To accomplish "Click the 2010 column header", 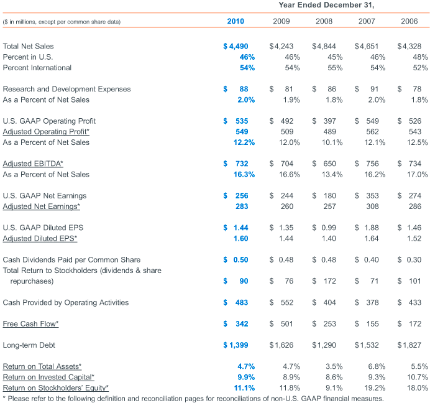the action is pos(236,21).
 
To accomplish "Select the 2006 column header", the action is pos(409,21).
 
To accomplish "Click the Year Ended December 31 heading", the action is pos(326,5).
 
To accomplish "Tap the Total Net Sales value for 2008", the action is pos(324,46).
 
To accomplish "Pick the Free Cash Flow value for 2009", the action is pos(281,323).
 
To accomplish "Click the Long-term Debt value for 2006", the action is pos(409,345).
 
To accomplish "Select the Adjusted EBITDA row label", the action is pos(33,164).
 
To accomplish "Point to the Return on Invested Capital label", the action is pos(48,378).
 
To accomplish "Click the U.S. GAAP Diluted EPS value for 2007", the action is pos(367,228).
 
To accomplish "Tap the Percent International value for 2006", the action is pos(420,68).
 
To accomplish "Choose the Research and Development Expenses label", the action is pos(66,89).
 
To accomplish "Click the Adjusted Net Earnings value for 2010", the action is pos(242,206).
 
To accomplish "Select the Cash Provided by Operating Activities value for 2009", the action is pos(281,302).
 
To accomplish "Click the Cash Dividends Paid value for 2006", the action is pos(409,259).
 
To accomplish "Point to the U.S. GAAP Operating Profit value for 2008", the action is pos(324,121).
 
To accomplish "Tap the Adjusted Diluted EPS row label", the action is pos(40,238).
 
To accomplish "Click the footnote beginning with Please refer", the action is pos(193,398).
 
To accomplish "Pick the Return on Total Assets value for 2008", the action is pos(334,366).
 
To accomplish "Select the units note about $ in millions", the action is pos(62,22).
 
